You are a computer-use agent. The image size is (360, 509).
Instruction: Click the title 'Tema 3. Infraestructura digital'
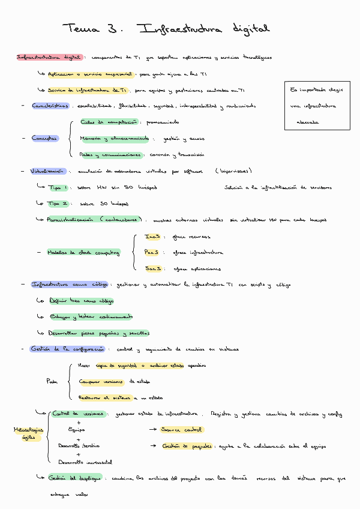pyautogui.click(x=167, y=29)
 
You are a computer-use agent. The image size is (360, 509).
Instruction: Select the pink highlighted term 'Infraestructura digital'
pyautogui.click(x=49, y=58)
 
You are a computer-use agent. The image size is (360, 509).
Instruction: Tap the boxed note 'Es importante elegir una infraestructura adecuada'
pyautogui.click(x=317, y=106)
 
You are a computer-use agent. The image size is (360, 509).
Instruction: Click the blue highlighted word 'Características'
pyautogui.click(x=50, y=106)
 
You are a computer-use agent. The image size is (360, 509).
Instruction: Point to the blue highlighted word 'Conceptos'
pyautogui.click(x=45, y=138)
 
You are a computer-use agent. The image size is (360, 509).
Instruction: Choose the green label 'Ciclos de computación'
pyautogui.click(x=109, y=122)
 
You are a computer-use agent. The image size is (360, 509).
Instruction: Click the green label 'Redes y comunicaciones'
pyautogui.click(x=110, y=155)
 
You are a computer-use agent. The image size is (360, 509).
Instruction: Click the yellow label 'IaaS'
pyautogui.click(x=153, y=236)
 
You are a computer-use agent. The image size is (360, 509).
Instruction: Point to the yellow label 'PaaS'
pyautogui.click(x=153, y=253)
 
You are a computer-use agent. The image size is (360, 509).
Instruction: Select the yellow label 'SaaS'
pyautogui.click(x=153, y=269)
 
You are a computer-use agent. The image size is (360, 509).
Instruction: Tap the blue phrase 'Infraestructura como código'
pyautogui.click(x=70, y=285)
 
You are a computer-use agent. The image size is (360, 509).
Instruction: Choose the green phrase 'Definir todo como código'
pyautogui.click(x=82, y=301)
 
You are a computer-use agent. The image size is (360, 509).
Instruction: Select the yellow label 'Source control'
pyautogui.click(x=182, y=430)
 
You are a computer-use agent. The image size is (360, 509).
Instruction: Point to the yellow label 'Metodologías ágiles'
pyautogui.click(x=28, y=433)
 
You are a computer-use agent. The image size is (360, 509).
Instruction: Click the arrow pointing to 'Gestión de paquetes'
pyautogui.click(x=152, y=446)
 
